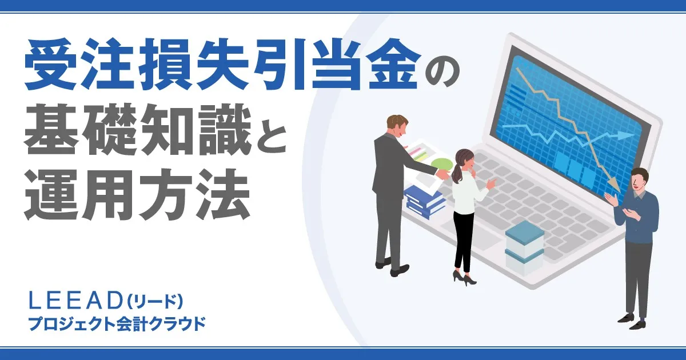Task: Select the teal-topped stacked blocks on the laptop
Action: pos(524,246)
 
